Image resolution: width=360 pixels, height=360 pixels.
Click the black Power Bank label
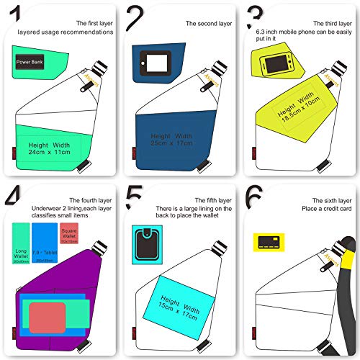[x=31, y=62]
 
